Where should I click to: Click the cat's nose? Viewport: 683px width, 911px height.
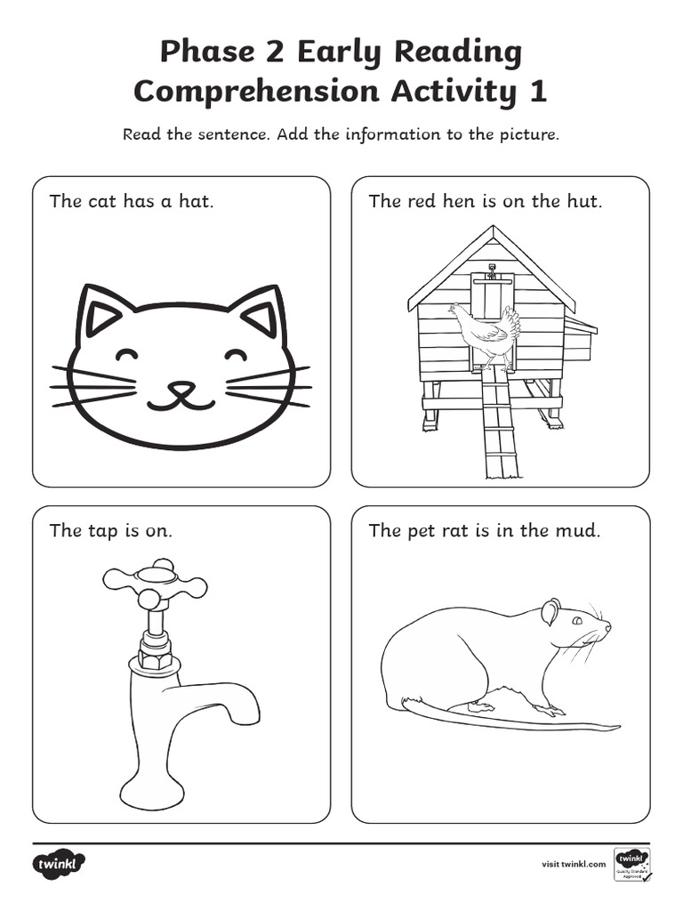181,388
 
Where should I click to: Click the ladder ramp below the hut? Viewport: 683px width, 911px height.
499,427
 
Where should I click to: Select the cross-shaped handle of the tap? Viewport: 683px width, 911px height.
156,584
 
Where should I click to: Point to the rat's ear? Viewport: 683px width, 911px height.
551,611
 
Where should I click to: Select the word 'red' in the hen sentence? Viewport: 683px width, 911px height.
422,201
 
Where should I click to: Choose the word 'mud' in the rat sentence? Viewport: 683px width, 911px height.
582,531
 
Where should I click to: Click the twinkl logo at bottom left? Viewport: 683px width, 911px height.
60,863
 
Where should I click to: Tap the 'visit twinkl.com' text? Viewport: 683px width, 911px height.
574,863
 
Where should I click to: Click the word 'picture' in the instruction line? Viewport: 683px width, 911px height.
528,135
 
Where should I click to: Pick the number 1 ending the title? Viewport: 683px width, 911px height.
537,91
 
